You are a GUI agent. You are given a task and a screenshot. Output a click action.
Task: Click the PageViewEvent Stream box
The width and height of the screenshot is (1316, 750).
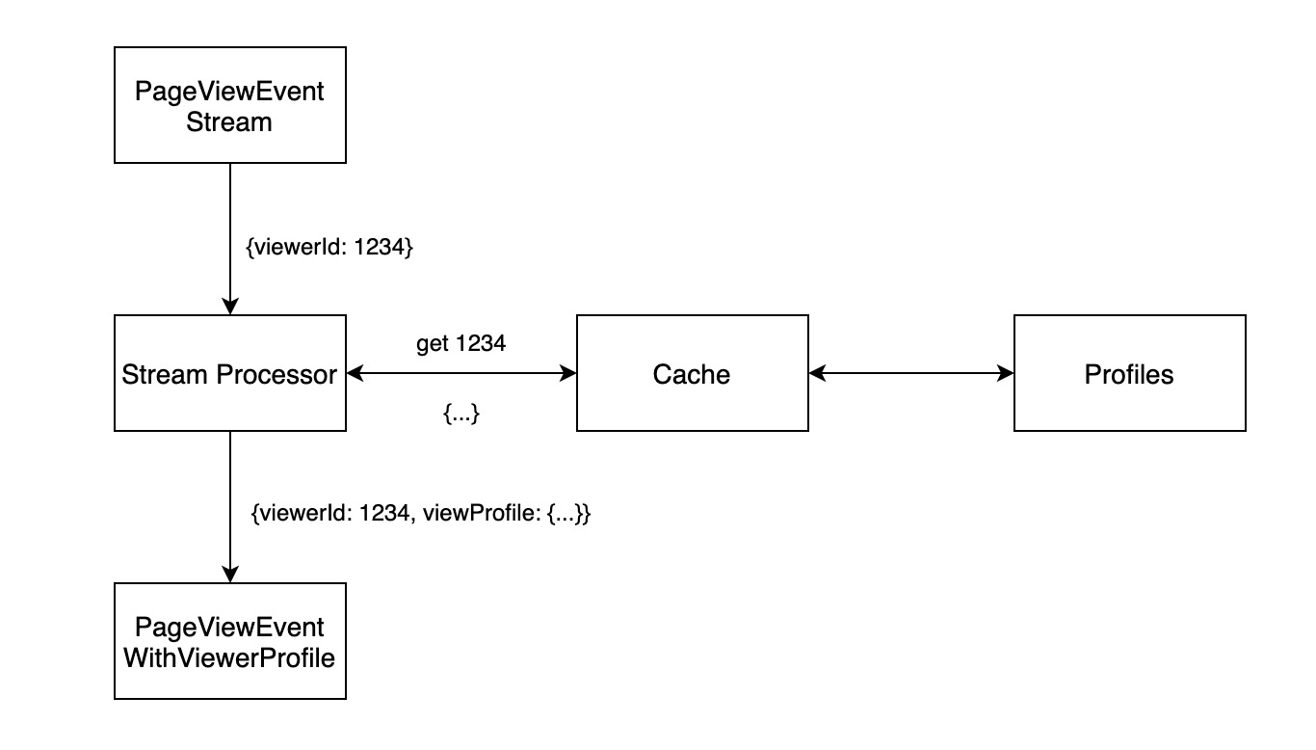coord(230,106)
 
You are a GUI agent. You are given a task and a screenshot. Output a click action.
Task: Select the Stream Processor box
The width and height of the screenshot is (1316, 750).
coord(230,373)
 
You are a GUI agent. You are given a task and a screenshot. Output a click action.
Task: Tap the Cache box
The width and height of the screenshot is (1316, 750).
coord(692,373)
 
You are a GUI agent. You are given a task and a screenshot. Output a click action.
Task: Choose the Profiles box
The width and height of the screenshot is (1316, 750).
coord(1129,373)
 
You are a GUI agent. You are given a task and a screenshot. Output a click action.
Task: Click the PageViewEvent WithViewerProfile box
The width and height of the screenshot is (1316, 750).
coord(230,641)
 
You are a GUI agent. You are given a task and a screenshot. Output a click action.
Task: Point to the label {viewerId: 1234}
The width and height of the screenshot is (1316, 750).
coord(329,247)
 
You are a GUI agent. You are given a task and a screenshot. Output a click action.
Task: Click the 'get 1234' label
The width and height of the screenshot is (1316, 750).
coord(461,343)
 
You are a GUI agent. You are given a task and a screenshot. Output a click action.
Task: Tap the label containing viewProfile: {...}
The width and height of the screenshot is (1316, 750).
coord(420,514)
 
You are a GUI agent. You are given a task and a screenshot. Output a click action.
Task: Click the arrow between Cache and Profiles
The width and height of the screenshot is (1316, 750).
coord(911,373)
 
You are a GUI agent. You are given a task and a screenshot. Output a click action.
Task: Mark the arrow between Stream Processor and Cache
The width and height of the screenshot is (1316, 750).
coord(461,373)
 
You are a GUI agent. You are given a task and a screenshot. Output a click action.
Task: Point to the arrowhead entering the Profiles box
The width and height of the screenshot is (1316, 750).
coord(1006,373)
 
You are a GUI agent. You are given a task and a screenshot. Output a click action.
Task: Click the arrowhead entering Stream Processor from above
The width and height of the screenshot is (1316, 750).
coord(230,306)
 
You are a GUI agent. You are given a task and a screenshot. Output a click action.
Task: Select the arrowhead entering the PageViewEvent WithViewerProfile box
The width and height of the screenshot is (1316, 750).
coord(230,574)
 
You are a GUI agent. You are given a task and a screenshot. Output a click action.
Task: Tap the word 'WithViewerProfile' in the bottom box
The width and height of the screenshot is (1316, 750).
coord(230,658)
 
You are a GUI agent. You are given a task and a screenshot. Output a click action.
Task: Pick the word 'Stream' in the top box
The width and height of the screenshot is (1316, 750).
coord(230,123)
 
